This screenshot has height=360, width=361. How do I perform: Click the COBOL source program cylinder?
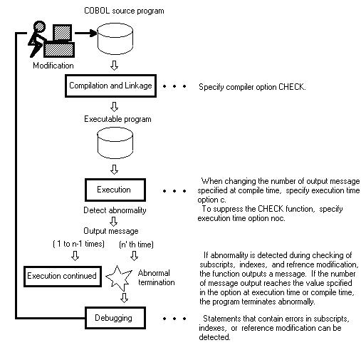coord(115,38)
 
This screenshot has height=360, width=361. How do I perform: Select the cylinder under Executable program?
coord(115,143)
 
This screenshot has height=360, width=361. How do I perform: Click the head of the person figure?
coord(39,26)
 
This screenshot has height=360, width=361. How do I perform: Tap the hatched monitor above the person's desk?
coord(63,33)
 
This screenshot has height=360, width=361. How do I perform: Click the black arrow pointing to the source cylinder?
coord(85,33)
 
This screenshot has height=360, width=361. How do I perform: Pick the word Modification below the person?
coord(53,66)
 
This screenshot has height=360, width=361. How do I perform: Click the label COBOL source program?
coord(124,11)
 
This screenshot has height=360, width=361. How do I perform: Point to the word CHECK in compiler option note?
coord(291,87)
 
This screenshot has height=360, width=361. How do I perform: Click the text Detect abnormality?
coord(115,210)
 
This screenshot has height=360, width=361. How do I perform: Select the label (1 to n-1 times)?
coord(78,244)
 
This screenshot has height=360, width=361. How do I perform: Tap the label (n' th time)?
coord(136,245)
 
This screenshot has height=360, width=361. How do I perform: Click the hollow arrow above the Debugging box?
coord(124,298)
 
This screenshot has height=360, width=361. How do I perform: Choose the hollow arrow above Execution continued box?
coord(75,256)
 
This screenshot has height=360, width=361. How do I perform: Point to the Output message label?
coord(111,231)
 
